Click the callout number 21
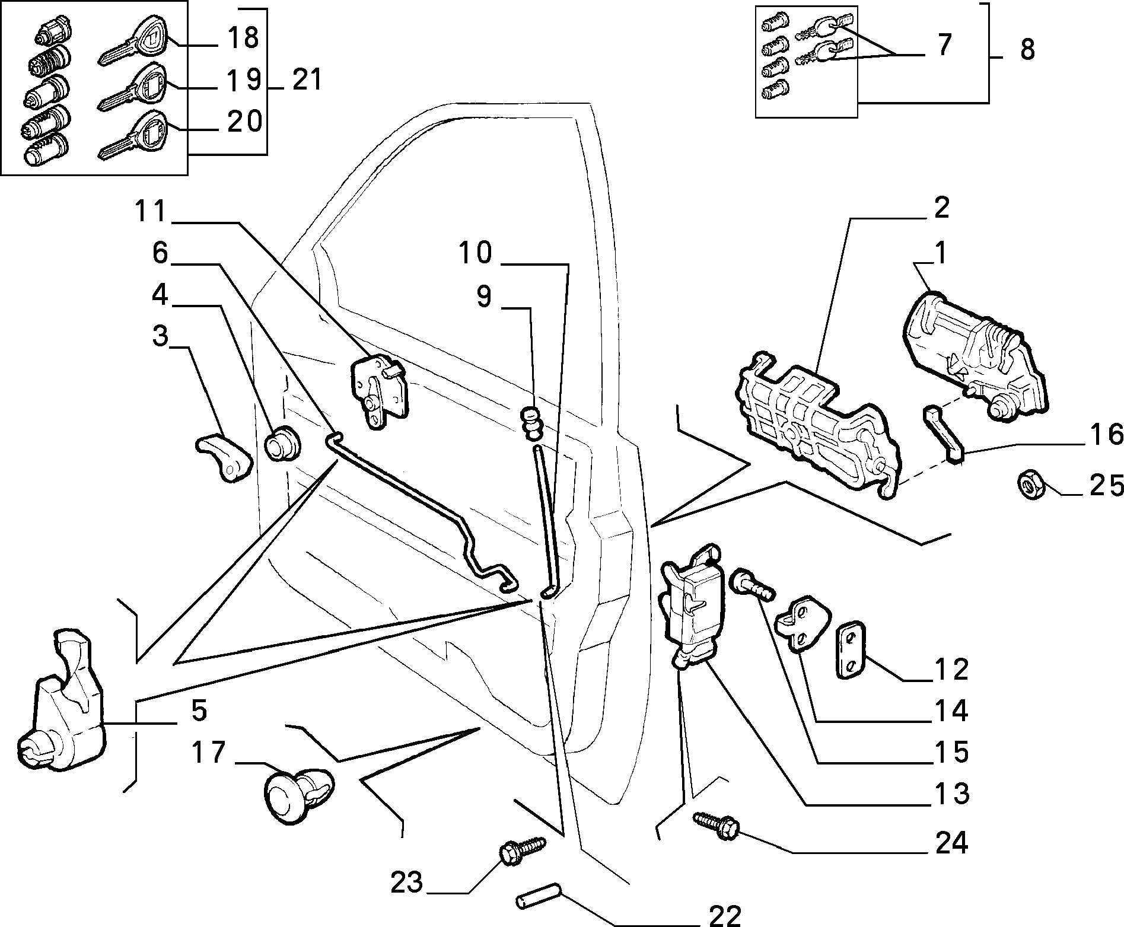307,80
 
